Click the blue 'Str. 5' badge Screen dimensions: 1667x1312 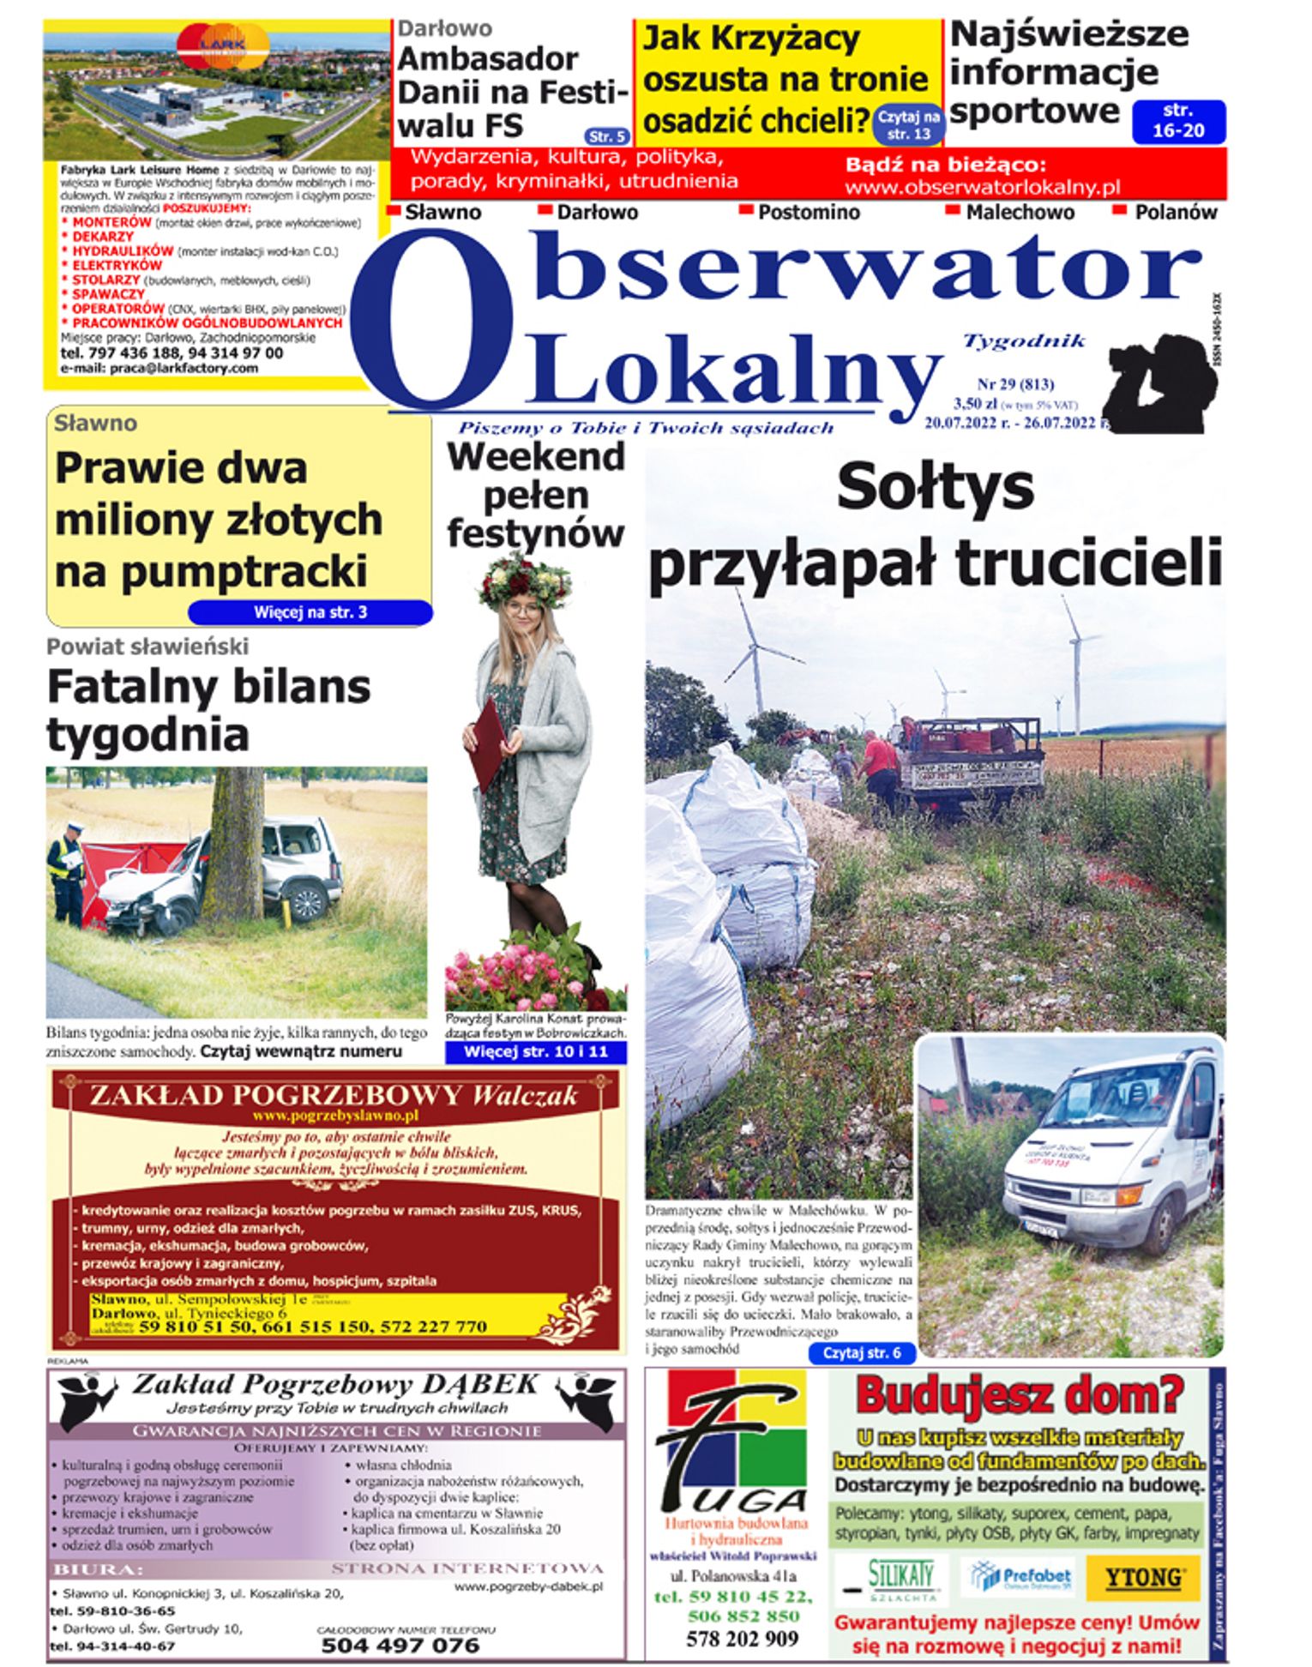coord(607,136)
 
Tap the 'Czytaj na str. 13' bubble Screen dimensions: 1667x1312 coord(908,125)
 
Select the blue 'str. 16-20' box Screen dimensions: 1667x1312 coord(1178,121)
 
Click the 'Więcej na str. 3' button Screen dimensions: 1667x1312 coord(310,612)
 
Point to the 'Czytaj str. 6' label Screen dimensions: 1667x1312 coord(861,1353)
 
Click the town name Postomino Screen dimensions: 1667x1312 coord(808,212)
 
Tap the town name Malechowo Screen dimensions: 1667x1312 coord(1019,212)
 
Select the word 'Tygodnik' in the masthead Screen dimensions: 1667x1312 coord(1025,341)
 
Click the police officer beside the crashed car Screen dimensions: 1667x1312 coord(67,870)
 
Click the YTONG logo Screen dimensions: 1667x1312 coord(1144,1577)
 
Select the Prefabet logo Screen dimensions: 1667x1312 coord(1020,1576)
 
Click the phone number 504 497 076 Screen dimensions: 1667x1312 coord(400,1645)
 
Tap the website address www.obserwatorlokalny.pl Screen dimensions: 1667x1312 coord(982,187)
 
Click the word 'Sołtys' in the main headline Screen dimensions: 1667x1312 coord(935,487)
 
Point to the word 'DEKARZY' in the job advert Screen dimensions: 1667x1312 coord(102,236)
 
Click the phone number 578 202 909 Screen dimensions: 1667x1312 coord(741,1639)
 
